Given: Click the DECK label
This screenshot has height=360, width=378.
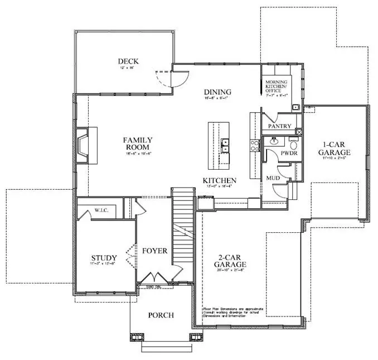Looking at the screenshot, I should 128,61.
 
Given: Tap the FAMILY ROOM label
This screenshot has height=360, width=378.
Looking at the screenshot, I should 138,143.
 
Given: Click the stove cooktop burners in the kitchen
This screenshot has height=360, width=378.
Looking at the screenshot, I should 255,146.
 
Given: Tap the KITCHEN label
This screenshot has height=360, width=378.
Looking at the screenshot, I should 219,181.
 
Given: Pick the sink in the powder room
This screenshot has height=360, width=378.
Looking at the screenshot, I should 274,142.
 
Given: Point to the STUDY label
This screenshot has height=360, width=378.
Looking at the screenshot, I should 104,258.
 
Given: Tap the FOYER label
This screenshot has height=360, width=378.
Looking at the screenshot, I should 154,251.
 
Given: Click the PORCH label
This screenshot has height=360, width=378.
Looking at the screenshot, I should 161,315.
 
